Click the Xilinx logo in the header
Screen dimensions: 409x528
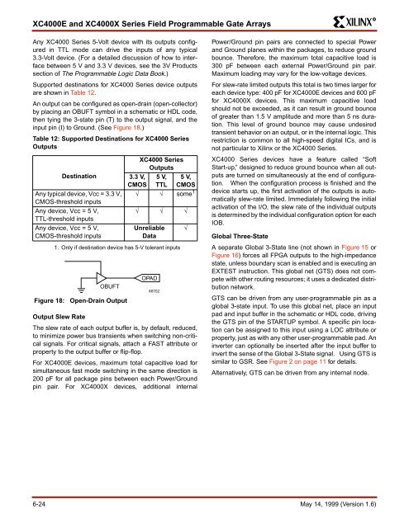[354, 22]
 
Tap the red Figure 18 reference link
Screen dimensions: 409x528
[126, 128]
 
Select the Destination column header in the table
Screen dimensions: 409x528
[78, 176]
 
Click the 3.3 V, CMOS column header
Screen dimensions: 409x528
[137, 181]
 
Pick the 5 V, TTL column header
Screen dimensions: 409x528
[161, 181]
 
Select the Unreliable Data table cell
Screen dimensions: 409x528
[149, 232]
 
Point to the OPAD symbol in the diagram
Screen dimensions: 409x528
[147, 278]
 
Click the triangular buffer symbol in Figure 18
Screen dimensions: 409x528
[101, 278]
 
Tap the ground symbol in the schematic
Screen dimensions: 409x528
[81, 290]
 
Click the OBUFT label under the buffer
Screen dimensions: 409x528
[110, 286]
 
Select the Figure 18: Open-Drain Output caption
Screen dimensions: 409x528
[81, 300]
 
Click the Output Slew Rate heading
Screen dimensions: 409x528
[59, 317]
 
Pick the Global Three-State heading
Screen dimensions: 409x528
[240, 237]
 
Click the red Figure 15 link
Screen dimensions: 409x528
[354, 247]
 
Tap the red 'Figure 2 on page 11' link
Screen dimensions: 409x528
[297, 361]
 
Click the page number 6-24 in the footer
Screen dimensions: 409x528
[39, 504]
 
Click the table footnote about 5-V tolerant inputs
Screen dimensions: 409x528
[117, 247]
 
